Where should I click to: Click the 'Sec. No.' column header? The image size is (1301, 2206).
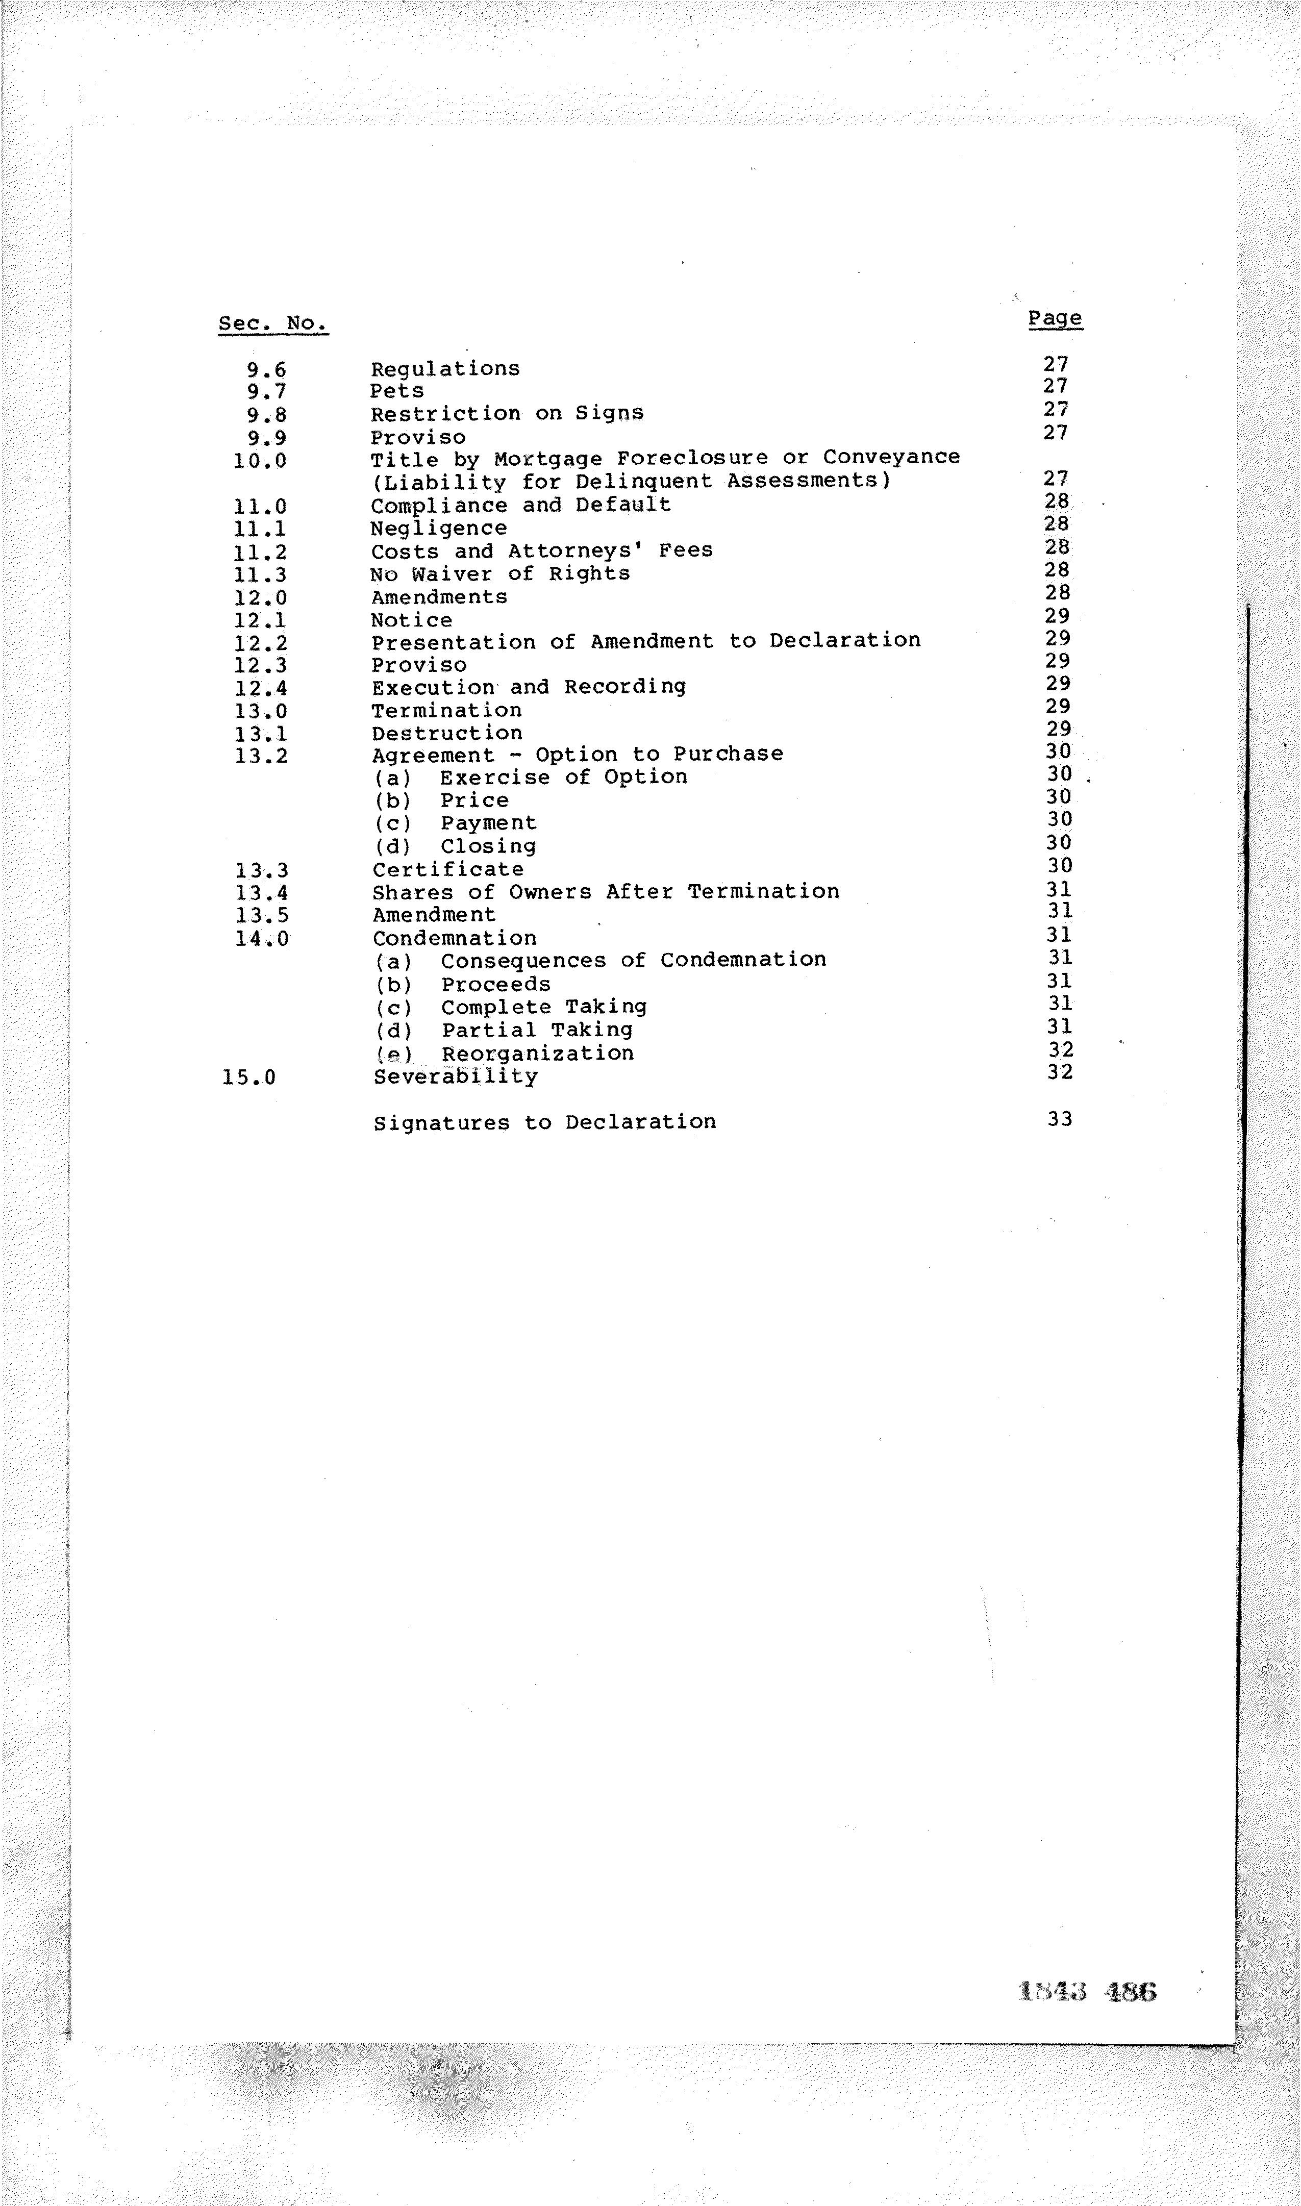272,323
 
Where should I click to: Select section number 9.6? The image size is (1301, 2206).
266,370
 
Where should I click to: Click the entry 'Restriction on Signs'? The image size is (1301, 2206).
507,414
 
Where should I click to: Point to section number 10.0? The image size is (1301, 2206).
260,460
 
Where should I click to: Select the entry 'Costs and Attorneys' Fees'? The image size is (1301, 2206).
541,551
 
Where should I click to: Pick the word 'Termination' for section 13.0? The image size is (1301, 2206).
446,711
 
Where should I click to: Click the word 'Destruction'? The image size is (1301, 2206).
447,734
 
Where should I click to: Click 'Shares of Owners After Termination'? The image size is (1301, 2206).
606,892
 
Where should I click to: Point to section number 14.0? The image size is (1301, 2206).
261,939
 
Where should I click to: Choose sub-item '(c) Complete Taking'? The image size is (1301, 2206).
510,1007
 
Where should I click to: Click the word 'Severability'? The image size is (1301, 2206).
455,1076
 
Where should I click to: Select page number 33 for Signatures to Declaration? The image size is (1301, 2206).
1059,1119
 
